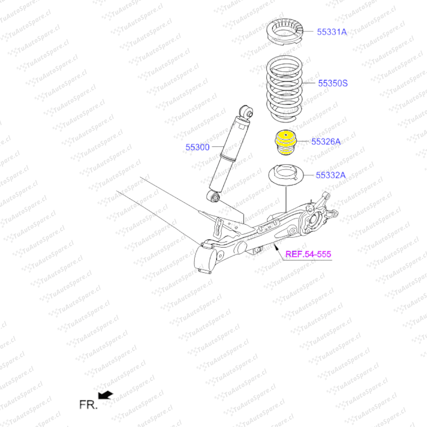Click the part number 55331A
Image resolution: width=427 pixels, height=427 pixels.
point(332,32)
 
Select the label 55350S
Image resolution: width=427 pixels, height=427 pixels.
point(333,83)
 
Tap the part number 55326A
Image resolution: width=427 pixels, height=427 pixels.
point(326,142)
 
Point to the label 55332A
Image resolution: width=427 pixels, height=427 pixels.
point(331,175)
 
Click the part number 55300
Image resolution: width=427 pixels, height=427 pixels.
point(197,147)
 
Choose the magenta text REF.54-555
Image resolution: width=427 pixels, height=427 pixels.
point(308,254)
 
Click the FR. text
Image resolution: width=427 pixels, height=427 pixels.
point(88,405)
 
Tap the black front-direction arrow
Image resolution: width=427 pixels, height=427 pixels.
point(106,395)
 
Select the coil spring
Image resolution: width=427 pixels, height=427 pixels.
point(283,89)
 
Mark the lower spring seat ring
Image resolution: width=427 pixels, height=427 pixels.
point(285,176)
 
